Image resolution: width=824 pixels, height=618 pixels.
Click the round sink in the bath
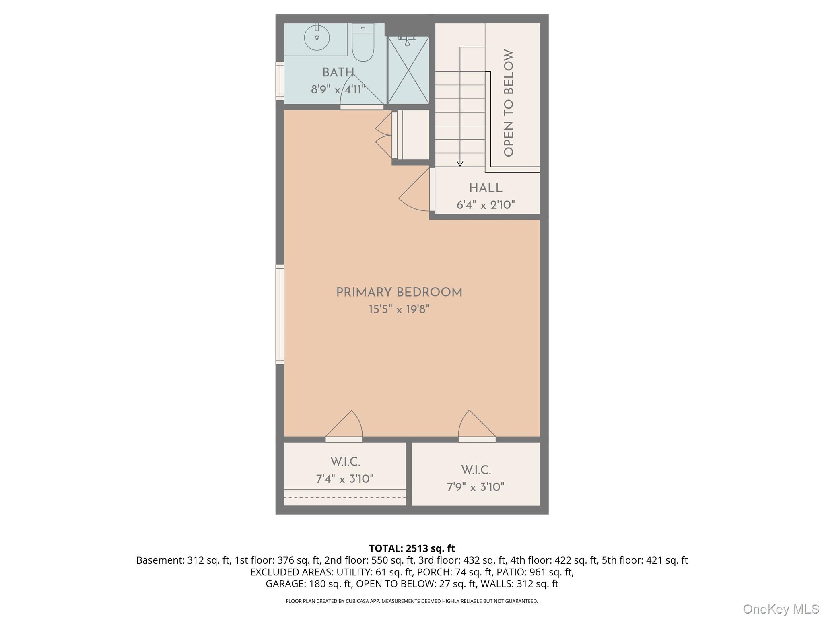coord(317,38)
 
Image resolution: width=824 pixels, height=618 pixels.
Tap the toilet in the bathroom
coord(363,44)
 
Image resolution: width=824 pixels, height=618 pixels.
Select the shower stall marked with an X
coord(408,70)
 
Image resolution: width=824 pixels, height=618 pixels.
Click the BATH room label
coord(338,72)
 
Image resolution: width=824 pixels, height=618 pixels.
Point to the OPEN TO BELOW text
coord(509,103)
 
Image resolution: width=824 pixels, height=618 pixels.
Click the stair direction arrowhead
coord(460,163)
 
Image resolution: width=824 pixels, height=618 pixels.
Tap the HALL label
coord(486,188)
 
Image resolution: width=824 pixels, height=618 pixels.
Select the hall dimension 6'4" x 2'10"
coord(486,205)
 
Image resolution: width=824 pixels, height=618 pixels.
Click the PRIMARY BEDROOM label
coord(399,293)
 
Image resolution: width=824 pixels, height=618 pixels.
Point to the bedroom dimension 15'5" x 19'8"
coord(399,309)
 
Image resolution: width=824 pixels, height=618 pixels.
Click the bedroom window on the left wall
coord(280,314)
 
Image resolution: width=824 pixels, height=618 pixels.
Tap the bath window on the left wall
coord(280,80)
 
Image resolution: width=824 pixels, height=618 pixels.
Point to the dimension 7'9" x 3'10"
coord(476,487)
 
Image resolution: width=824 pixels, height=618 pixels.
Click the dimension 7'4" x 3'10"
coord(345,479)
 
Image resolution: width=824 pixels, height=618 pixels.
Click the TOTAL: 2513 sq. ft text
coord(412,548)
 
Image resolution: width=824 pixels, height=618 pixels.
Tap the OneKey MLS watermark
coord(781,609)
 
